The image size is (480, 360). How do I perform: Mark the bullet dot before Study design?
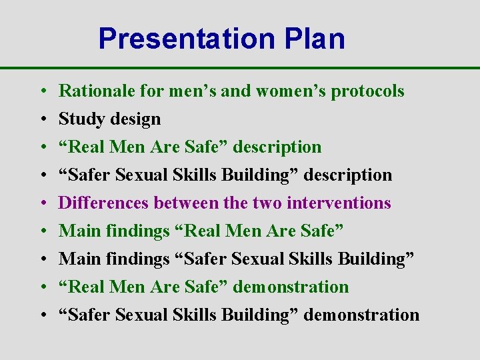[x=41, y=119]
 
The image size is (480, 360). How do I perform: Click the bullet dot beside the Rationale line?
[x=41, y=91]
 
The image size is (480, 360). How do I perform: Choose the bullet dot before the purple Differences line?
[x=41, y=203]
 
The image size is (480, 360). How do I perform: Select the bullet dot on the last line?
[x=41, y=315]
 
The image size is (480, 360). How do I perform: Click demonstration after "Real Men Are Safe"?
[x=293, y=287]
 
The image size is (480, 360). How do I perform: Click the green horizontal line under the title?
[x=240, y=68]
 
